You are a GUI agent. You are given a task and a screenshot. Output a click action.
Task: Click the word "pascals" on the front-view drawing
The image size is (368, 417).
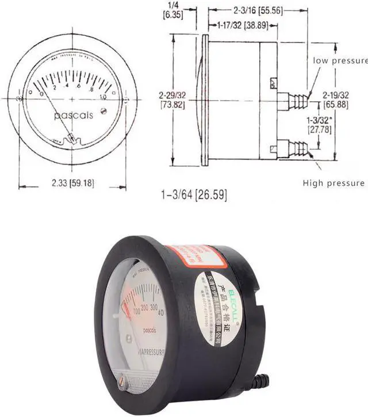73,116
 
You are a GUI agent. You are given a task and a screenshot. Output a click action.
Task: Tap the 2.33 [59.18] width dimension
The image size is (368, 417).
72,184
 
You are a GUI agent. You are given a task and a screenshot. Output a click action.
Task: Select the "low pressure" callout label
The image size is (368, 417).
340,60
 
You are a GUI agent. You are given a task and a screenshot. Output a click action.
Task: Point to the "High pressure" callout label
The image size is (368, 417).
333,183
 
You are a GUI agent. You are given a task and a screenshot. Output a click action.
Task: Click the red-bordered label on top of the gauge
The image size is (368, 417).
187,258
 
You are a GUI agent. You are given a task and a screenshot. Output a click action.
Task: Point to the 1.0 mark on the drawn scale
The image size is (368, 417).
104,96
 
